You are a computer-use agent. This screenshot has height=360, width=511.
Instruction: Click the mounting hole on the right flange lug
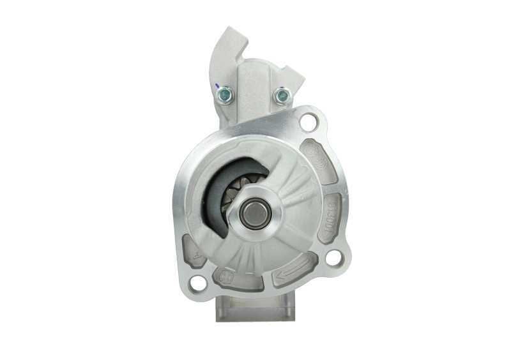[x=333, y=258]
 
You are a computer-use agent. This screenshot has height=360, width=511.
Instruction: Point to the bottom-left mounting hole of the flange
[x=199, y=282]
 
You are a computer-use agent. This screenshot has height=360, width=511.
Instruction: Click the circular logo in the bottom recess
[x=225, y=277]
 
